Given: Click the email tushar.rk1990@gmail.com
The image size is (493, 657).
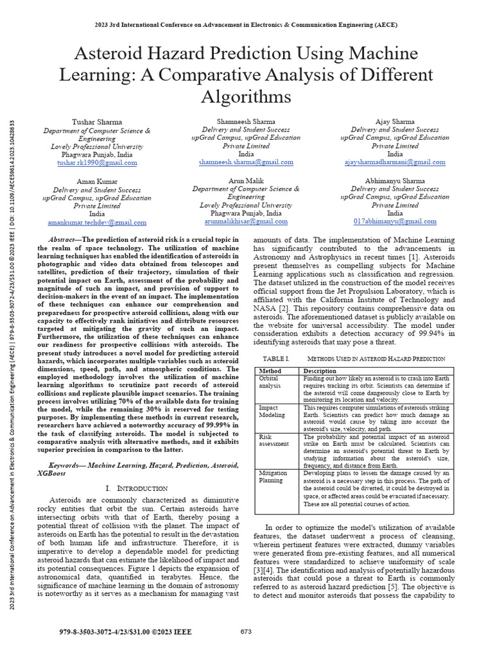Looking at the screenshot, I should (97, 163).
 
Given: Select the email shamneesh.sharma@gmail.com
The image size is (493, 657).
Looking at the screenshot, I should (246, 163).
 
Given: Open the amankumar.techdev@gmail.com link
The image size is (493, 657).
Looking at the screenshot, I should (97, 222).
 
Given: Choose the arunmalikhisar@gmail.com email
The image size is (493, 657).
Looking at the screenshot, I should (246, 221).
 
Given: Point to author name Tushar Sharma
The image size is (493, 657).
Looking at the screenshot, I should (97, 121).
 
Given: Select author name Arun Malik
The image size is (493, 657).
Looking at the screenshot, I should (246, 181).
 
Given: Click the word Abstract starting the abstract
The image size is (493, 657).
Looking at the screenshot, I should (62, 238).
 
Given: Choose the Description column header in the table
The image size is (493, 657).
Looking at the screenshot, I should (320, 371).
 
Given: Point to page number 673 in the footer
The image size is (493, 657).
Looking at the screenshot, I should (246, 631).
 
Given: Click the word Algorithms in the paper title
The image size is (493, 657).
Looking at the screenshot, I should (246, 97).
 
